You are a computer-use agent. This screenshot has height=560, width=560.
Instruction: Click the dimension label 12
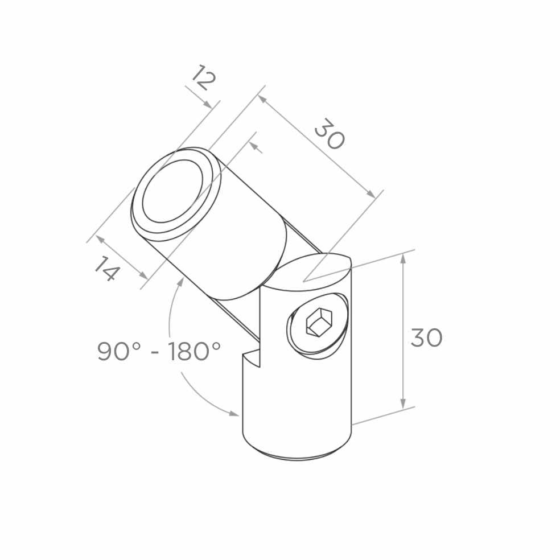pos(204,78)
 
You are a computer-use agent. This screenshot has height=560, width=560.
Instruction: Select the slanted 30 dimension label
pos(330,134)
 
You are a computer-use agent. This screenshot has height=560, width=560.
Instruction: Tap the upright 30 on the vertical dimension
pos(426,338)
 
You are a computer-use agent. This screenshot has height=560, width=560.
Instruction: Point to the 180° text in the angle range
pos(194,352)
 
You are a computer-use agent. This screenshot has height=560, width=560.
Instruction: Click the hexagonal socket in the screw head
pos(319,322)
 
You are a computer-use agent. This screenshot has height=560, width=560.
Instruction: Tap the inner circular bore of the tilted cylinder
pos(173,191)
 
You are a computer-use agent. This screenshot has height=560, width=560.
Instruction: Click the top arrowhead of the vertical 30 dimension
pos(403,258)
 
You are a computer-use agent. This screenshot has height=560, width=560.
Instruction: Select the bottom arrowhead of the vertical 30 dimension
pos(403,403)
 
